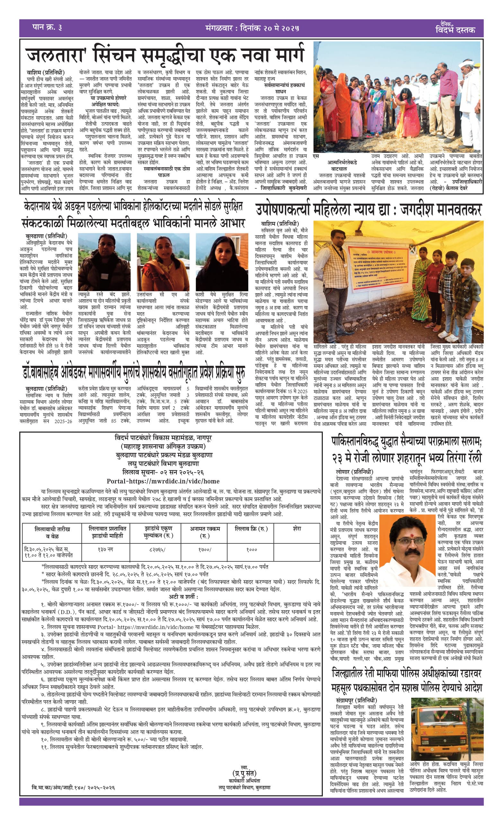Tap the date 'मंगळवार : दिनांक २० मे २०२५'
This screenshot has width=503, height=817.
(x=252, y=28)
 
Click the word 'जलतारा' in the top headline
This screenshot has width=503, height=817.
(x=55, y=55)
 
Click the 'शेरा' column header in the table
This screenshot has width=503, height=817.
(x=297, y=529)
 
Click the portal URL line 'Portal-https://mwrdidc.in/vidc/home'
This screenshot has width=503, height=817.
(x=163, y=481)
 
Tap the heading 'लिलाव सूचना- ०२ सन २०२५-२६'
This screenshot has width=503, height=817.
(x=163, y=472)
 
